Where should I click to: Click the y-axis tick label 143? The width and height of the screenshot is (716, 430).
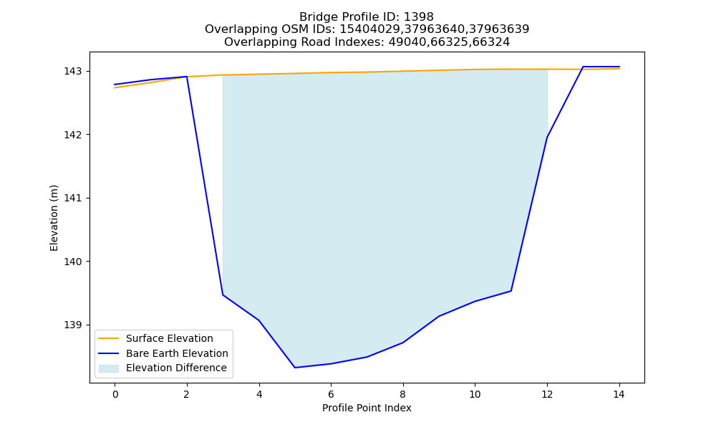click(x=72, y=71)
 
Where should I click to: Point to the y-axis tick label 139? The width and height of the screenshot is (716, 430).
click(x=72, y=325)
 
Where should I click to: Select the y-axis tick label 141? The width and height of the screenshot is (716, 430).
click(x=72, y=199)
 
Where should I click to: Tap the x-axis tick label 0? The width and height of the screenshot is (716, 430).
click(x=115, y=394)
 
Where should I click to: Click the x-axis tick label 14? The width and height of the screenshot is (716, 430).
click(x=619, y=394)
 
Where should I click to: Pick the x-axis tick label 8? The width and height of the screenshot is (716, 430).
click(x=402, y=394)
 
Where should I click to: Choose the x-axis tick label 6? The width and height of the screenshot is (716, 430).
click(x=331, y=394)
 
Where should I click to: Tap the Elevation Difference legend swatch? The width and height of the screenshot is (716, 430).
click(x=109, y=368)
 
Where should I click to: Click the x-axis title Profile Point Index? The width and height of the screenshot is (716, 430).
click(x=367, y=408)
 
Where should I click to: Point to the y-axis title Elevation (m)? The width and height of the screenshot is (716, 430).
click(x=54, y=218)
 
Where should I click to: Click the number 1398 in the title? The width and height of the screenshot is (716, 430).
click(x=419, y=17)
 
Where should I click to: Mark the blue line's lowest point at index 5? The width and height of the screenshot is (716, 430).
click(x=295, y=368)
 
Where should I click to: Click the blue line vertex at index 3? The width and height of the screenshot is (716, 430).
click(x=223, y=295)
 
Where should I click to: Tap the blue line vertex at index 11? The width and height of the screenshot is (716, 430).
click(x=511, y=291)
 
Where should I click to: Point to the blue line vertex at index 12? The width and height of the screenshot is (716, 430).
click(x=547, y=137)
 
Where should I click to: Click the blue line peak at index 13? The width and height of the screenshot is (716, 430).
click(x=583, y=67)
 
